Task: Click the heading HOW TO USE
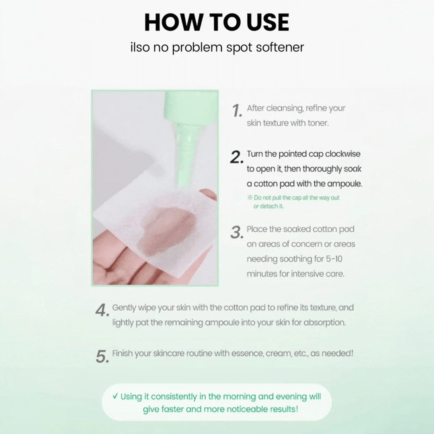tap(217, 22)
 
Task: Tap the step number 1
tap(237, 111)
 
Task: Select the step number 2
tap(237, 157)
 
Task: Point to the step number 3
tap(237, 232)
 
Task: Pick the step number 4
tap(102, 310)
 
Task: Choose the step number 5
tap(102, 356)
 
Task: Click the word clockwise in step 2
tap(343, 154)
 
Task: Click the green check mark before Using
tap(115, 396)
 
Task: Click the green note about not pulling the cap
tap(293, 202)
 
